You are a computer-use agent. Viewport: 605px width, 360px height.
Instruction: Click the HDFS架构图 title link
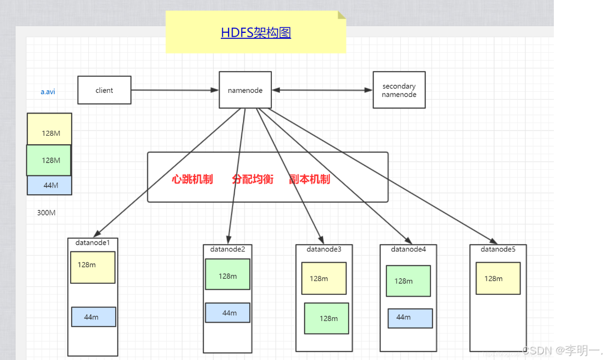[256, 32]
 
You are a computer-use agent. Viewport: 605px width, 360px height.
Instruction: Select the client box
[105, 90]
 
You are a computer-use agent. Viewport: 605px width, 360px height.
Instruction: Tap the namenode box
[245, 90]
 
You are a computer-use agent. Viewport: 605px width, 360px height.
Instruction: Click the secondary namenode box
[399, 90]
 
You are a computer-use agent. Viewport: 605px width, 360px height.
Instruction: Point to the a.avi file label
[48, 92]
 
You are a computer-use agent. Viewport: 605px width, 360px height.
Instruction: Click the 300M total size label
[46, 213]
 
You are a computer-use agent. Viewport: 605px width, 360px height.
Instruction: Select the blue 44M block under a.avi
[49, 185]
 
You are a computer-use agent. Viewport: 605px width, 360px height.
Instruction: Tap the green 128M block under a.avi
[49, 160]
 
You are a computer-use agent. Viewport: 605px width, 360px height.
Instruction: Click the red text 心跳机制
[192, 179]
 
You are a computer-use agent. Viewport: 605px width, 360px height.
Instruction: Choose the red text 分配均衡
[252, 179]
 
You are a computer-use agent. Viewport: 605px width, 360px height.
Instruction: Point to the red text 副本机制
[310, 179]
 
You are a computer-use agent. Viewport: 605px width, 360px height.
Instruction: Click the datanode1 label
[93, 243]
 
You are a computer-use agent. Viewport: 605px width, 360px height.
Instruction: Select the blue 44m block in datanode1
[93, 317]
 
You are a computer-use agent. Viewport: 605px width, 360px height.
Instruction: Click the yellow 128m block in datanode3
[324, 278]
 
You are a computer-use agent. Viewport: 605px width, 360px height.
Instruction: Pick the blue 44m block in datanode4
[410, 318]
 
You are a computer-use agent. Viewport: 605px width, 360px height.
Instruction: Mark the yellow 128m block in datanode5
[498, 278]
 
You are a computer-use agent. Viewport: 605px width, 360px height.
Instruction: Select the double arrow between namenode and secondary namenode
[322, 90]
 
